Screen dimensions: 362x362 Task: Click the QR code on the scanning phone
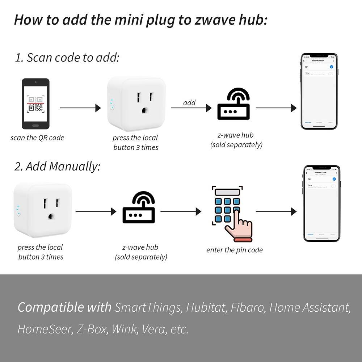click(35, 103)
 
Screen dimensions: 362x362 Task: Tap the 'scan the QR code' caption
click(37, 138)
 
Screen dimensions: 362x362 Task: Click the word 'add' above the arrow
click(189, 103)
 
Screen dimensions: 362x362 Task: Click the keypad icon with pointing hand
click(231, 214)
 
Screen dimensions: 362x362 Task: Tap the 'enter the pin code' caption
click(235, 250)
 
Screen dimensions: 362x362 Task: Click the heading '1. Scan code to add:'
click(67, 58)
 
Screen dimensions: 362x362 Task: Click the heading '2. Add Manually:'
click(57, 166)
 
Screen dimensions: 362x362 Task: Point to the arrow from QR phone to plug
click(80, 108)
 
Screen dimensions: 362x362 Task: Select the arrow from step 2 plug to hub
click(96, 211)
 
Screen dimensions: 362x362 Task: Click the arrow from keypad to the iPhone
click(276, 211)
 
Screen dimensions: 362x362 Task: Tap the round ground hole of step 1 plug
click(145, 110)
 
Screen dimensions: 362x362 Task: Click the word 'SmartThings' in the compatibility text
click(148, 307)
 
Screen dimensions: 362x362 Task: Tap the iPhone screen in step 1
click(319, 92)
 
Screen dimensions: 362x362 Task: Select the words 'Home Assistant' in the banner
click(310, 307)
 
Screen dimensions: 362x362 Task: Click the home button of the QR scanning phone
click(35, 126)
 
